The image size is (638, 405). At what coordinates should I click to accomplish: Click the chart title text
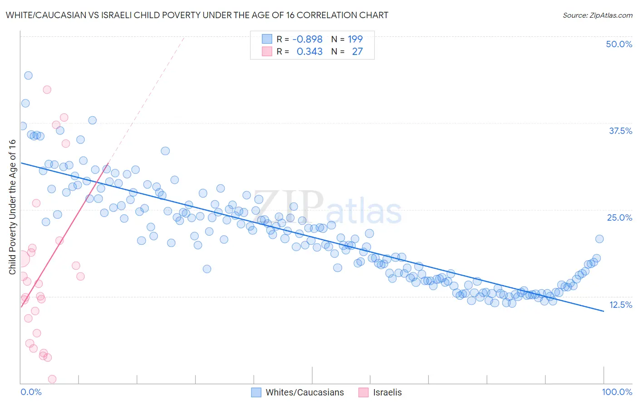(197, 15)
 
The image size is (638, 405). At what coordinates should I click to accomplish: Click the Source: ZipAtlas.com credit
(597, 15)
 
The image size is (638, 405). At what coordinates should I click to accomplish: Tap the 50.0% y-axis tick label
(619, 44)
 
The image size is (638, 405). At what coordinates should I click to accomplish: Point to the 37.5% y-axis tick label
(620, 131)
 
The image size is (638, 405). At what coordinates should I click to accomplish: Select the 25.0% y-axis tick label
(619, 217)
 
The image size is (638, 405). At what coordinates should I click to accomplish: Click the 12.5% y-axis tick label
(620, 305)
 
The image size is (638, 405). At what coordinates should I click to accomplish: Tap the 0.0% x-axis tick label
(31, 392)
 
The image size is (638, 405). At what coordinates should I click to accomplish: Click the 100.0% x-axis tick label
(617, 392)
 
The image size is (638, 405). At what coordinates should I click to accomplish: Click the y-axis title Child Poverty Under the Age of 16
(12, 207)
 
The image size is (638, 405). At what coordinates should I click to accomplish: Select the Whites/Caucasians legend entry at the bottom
(298, 392)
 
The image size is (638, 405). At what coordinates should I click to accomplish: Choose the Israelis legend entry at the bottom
(380, 392)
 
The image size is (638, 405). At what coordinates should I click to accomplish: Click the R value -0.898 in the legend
(307, 39)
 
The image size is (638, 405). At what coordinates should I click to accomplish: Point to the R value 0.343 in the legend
(309, 52)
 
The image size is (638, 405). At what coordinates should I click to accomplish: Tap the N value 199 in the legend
(355, 39)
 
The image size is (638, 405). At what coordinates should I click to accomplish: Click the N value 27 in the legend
(358, 52)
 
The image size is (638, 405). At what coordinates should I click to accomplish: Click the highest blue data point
(28, 75)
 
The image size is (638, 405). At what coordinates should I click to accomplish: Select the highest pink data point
(47, 89)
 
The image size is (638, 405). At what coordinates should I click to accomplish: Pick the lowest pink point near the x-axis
(52, 379)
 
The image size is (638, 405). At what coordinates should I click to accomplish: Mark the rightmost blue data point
(599, 239)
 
